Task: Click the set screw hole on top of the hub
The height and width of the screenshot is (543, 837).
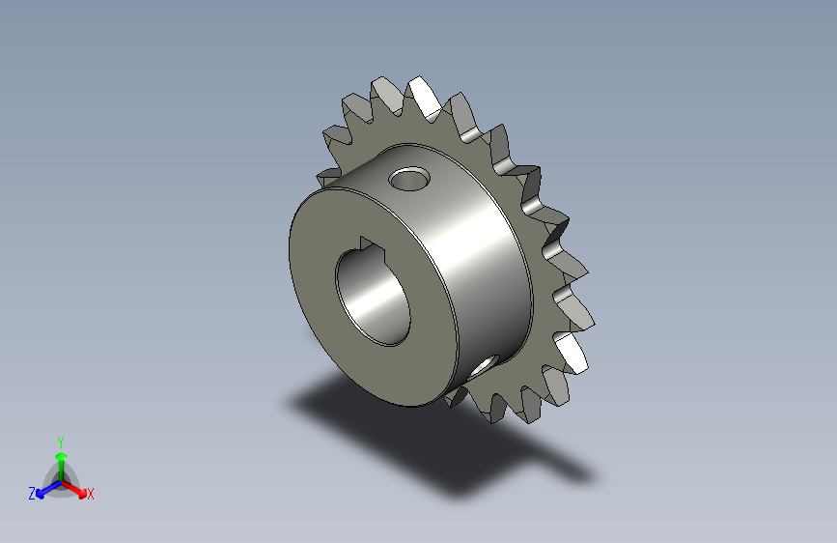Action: click(409, 178)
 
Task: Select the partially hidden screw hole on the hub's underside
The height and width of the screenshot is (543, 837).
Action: click(486, 364)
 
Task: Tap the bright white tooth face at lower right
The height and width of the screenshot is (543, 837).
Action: click(573, 353)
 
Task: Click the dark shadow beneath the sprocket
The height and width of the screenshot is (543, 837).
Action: click(386, 425)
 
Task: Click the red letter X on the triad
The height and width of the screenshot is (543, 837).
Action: click(91, 495)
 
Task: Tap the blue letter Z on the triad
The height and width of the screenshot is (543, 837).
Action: click(32, 494)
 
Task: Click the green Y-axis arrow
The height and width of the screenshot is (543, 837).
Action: click(61, 458)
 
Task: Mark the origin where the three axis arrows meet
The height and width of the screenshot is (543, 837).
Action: click(61, 479)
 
